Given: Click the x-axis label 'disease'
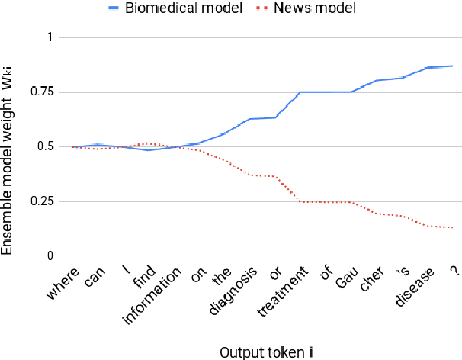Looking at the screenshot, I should (x=412, y=289).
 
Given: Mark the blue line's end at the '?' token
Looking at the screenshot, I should (x=453, y=66).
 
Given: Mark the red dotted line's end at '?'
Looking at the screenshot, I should (x=453, y=227).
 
